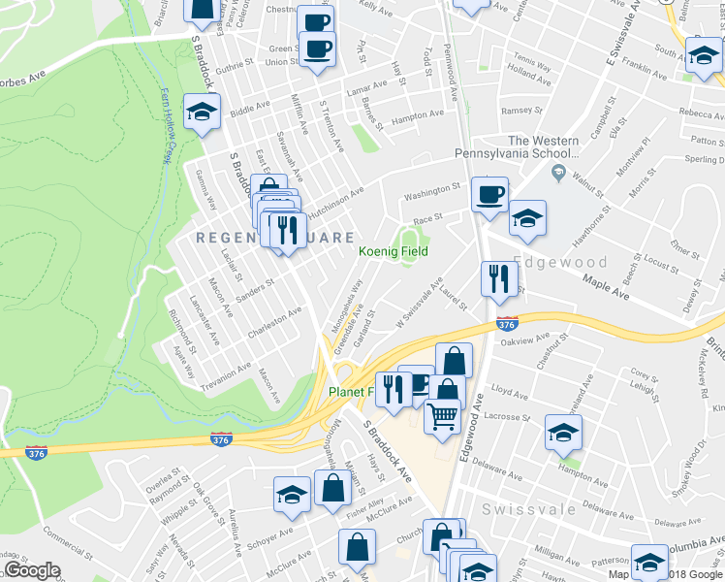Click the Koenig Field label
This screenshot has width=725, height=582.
pos(394,251)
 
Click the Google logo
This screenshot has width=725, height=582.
pos(31,570)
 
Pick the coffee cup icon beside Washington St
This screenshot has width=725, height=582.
pos(489,194)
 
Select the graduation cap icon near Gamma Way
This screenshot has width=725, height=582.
pos(203,113)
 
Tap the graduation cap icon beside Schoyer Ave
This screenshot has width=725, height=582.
pos(292,496)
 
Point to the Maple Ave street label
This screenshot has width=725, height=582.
pos(607,286)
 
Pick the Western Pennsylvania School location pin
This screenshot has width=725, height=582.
pos(557,174)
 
